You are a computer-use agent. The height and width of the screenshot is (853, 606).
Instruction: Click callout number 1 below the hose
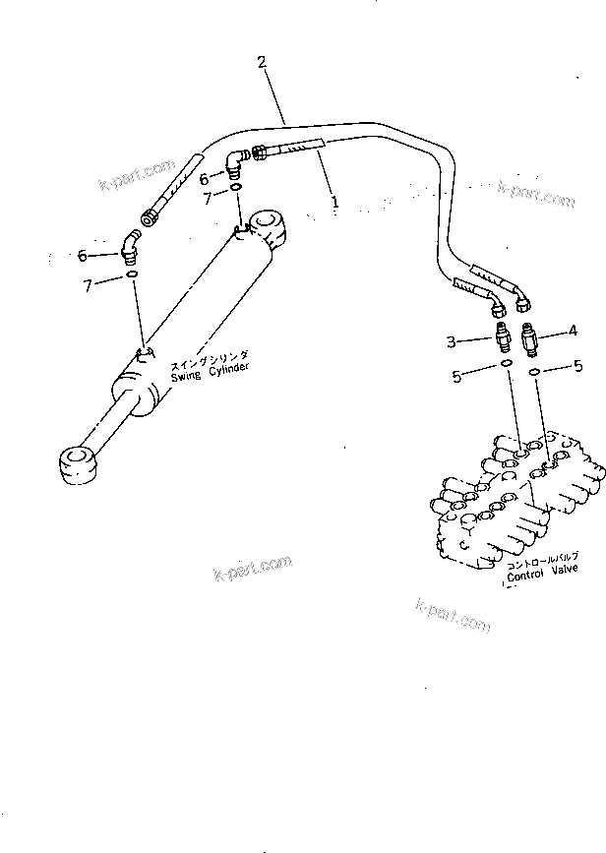point(334,203)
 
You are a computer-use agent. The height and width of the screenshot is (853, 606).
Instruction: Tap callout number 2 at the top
point(262,62)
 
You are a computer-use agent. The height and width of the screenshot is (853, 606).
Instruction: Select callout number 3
point(452,341)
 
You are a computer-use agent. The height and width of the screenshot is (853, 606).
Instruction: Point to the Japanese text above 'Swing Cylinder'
point(208,355)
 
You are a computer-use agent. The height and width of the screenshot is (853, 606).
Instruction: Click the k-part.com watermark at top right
point(535,194)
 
